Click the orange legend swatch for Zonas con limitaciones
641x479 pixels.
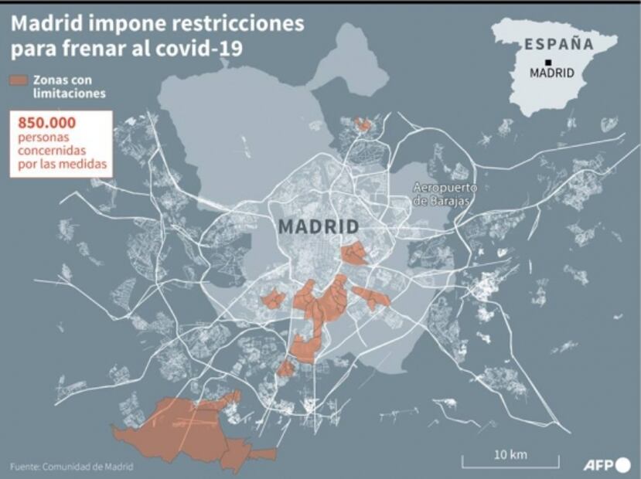point(19,80)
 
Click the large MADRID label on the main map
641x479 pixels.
point(318,227)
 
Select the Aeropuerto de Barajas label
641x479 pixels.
point(445,194)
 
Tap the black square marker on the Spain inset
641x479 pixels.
point(547,62)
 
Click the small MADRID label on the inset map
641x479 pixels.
point(551,73)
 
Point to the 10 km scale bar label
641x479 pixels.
point(510,454)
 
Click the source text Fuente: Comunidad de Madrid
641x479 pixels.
point(71,466)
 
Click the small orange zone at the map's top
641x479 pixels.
point(362,124)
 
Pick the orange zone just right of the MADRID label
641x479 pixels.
point(355,254)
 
